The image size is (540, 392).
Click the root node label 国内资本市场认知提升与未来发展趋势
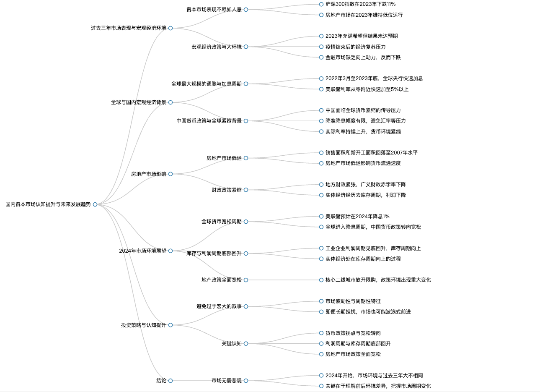[48, 204]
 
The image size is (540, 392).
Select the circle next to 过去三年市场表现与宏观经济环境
[171, 28]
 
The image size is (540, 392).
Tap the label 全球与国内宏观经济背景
[139, 102]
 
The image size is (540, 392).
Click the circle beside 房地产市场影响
[171, 174]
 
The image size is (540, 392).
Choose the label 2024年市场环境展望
[143, 251]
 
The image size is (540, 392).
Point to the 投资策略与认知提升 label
[144, 325]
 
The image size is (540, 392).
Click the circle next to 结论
[171, 381]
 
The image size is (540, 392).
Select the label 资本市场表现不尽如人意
[214, 10]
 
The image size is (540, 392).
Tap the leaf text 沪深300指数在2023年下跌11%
[360, 4]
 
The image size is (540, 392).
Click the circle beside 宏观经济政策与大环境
[246, 47]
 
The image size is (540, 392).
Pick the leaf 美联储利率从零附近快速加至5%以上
[367, 89]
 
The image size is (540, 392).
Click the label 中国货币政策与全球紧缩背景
[209, 121]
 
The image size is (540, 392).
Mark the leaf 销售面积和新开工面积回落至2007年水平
[372, 153]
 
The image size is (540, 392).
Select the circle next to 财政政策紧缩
[246, 190]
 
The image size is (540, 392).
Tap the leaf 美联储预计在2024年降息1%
[357, 217]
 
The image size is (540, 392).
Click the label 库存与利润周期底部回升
[214, 253]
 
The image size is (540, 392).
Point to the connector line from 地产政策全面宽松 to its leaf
[284, 280]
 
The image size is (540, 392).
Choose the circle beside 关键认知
[246, 344]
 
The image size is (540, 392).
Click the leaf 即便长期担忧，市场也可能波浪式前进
[368, 312]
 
